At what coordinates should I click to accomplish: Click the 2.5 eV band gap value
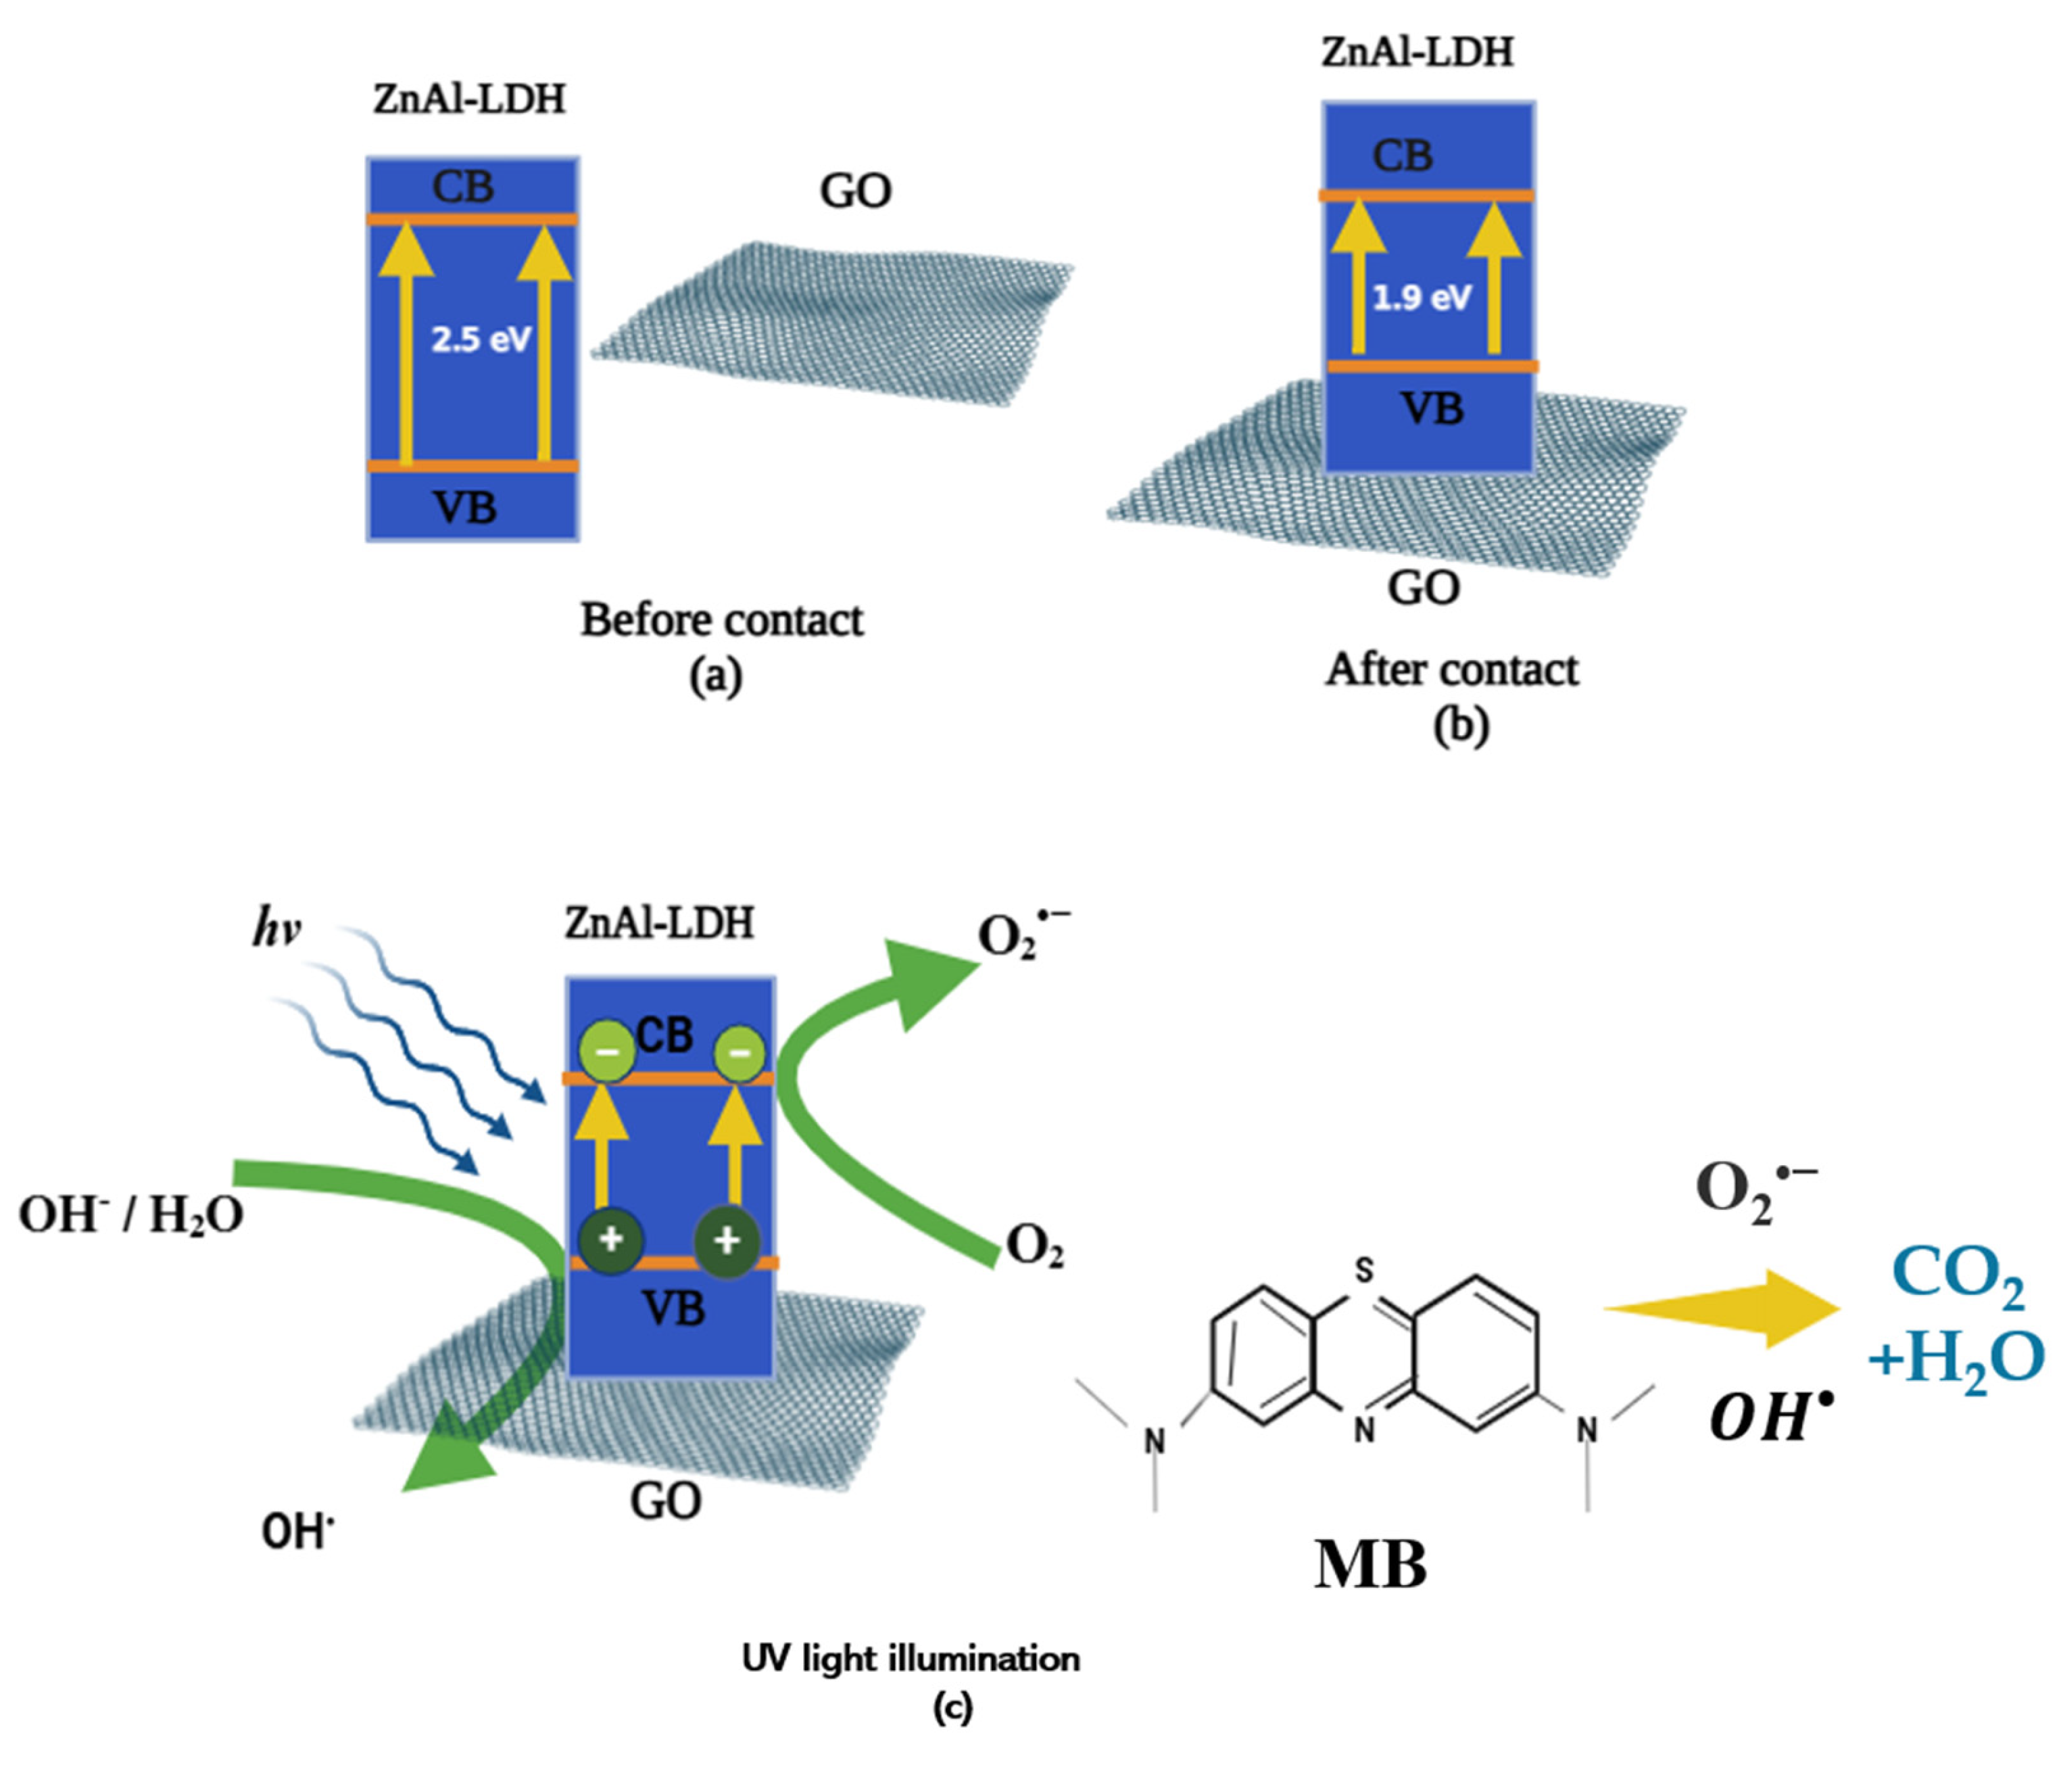point(481,339)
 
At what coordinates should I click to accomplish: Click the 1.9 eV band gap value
point(1422,296)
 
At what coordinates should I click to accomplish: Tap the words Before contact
point(721,620)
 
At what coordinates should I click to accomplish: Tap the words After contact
point(1451,669)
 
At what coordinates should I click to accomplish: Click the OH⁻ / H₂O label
point(131,1214)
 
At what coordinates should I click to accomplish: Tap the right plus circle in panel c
point(727,1240)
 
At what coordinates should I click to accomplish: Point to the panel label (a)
point(715,676)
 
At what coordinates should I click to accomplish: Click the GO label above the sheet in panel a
point(856,191)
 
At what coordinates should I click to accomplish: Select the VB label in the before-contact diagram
point(466,507)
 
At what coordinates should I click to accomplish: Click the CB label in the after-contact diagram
point(1403,156)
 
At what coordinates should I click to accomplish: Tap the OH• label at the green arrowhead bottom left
point(297,1531)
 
